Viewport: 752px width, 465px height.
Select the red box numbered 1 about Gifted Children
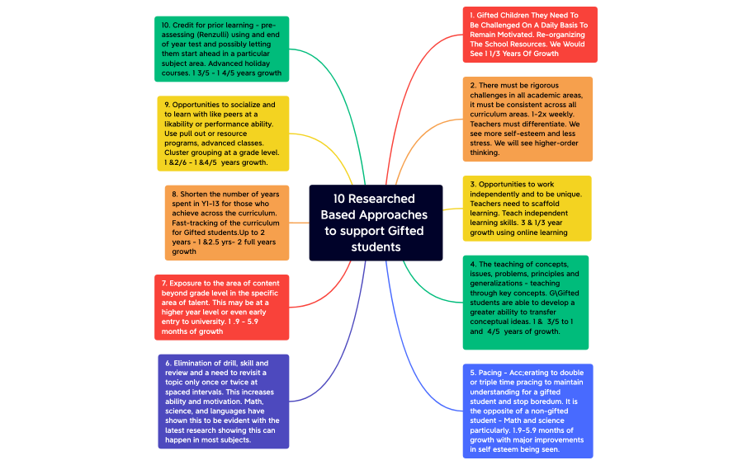pos(528,35)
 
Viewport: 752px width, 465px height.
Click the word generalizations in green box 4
pos(499,283)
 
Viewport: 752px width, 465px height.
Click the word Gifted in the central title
pos(405,231)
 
